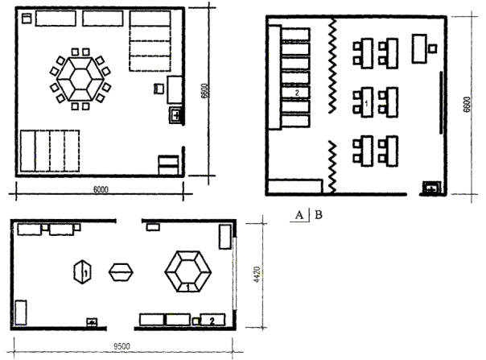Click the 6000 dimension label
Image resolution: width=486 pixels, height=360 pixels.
click(x=101, y=189)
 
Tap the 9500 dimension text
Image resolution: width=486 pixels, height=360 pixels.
click(x=121, y=346)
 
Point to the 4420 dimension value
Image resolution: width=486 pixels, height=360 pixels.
click(x=257, y=275)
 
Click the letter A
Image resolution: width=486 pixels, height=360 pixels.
click(x=299, y=215)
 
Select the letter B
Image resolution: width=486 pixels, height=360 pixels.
click(x=319, y=215)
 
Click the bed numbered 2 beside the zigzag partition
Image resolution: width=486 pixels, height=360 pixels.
click(x=295, y=93)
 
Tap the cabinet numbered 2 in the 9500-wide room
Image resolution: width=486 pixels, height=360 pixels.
click(x=212, y=320)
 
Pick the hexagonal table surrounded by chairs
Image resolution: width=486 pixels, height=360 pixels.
click(x=80, y=79)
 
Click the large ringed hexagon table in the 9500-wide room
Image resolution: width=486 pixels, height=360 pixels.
click(x=187, y=271)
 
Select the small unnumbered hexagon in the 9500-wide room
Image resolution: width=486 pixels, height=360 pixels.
click(x=121, y=272)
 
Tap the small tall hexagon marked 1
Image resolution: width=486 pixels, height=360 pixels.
click(x=83, y=272)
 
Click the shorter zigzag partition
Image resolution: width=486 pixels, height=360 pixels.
click(x=332, y=167)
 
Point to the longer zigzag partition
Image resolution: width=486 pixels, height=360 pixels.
click(x=332, y=65)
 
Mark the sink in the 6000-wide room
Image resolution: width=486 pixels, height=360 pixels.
click(x=175, y=115)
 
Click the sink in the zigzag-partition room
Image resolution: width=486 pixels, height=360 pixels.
click(x=431, y=188)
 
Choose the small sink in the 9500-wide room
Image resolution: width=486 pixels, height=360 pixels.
click(x=92, y=322)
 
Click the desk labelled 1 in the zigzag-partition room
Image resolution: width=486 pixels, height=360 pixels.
click(x=367, y=102)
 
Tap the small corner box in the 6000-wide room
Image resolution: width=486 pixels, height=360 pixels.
click(x=27, y=19)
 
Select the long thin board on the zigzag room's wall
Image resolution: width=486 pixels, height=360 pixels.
click(x=441, y=103)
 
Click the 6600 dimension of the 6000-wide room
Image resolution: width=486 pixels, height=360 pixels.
click(x=204, y=91)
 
